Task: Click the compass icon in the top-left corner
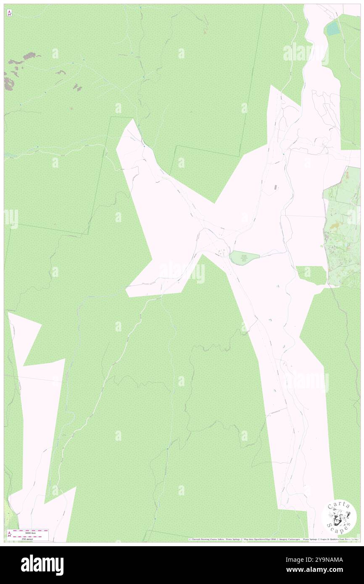[x=9, y=13]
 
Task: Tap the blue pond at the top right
[x=333, y=28]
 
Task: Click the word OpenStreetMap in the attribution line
[x=260, y=539]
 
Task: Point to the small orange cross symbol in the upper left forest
[x=72, y=108]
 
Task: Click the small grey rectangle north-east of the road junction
[x=276, y=187]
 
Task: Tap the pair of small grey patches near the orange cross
[x=77, y=87]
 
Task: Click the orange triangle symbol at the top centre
[x=205, y=32]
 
